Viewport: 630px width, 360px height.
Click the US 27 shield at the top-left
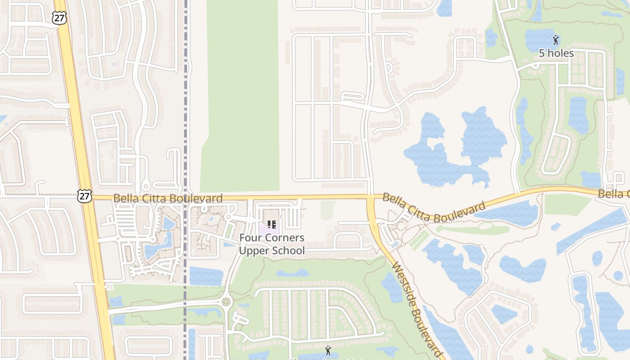(59, 18)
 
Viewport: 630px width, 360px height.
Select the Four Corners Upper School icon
(271, 224)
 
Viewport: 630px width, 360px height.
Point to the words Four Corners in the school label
(271, 238)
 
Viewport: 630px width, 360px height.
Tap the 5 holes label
(556, 53)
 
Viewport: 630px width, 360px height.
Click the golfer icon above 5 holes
(556, 40)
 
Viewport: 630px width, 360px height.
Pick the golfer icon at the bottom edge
(328, 350)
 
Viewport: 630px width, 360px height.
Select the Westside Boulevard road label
(417, 311)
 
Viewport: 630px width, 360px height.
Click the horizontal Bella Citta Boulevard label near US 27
(168, 198)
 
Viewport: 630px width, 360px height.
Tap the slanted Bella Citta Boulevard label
(434, 208)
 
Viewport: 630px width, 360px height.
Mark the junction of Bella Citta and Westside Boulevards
(370, 197)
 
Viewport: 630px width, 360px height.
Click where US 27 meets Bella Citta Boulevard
(87, 197)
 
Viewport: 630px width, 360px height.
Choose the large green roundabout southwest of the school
(226, 301)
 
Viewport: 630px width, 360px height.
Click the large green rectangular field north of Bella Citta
(241, 94)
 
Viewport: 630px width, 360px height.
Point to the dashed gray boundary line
(185, 112)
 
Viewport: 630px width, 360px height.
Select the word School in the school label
(288, 251)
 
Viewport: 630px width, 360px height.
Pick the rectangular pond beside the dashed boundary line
(206, 276)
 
